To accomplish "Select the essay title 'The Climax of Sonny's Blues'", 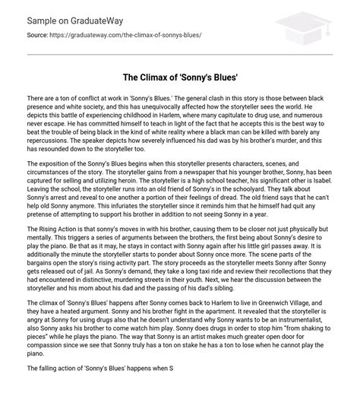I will (x=180, y=78).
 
